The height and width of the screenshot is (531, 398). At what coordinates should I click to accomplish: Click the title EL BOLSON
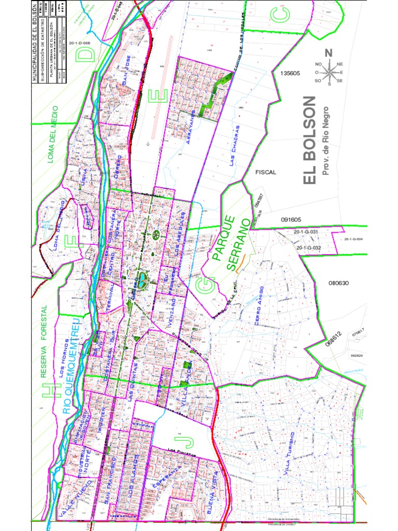tap(309, 140)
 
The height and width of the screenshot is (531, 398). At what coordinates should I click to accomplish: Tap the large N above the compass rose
tap(328, 52)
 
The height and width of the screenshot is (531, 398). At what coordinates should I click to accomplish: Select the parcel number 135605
tap(290, 73)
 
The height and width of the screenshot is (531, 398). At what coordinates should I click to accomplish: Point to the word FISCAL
tap(266, 172)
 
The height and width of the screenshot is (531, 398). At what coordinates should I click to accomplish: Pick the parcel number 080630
tap(339, 283)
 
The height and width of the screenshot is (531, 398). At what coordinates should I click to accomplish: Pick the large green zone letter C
tap(280, 16)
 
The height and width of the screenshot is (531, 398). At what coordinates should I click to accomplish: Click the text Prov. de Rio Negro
tap(326, 140)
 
